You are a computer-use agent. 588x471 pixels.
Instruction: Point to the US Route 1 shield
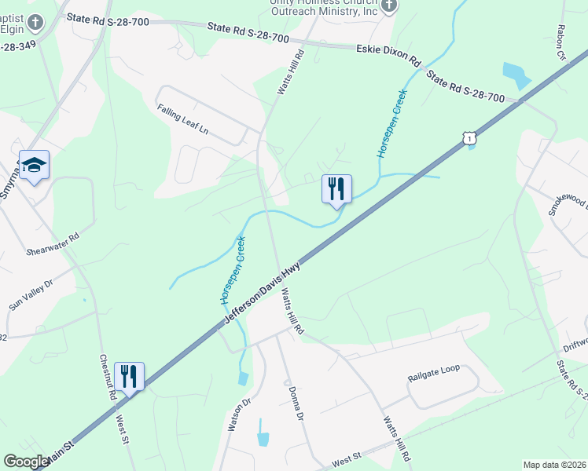(469, 138)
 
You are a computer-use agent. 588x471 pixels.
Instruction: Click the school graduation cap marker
(34, 166)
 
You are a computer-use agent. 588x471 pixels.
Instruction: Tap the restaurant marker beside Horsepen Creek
(336, 188)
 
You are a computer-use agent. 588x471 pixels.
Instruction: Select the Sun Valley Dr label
(31, 294)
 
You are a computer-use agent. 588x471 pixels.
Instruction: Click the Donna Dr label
(296, 402)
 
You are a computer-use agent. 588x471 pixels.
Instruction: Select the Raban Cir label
(562, 43)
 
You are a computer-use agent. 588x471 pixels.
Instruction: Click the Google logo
(25, 462)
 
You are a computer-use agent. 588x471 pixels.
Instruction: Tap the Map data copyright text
(554, 464)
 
